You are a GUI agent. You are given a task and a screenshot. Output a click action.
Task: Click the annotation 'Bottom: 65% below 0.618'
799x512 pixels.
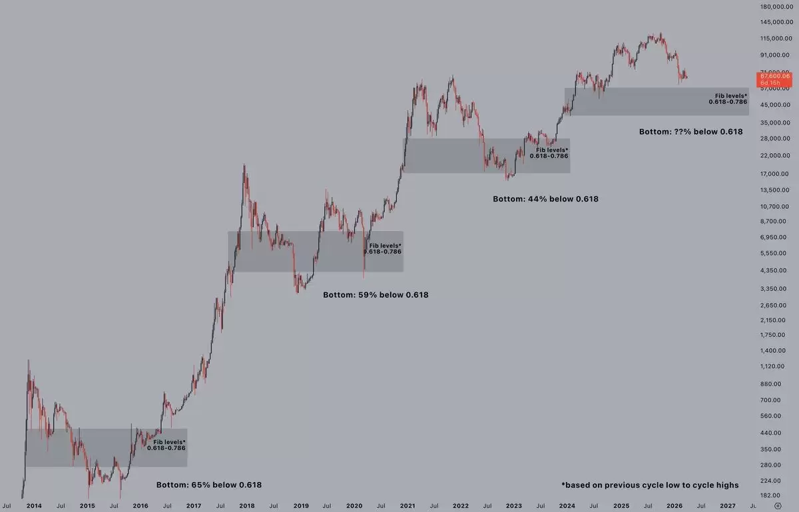[x=209, y=485]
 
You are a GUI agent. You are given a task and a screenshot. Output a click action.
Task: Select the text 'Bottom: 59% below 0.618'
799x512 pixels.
[x=376, y=294]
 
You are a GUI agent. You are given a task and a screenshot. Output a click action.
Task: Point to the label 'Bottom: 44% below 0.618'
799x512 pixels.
[x=545, y=198]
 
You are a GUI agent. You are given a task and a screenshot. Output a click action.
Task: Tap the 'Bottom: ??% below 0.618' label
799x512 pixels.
[x=690, y=132]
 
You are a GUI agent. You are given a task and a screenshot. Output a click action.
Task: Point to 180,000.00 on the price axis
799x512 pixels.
[x=776, y=7]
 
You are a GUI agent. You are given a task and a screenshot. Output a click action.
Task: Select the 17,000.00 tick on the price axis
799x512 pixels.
[x=776, y=173]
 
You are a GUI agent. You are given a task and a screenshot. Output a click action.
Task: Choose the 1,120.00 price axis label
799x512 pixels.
[x=776, y=366]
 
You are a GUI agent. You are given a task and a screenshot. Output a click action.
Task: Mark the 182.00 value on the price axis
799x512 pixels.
[x=776, y=495]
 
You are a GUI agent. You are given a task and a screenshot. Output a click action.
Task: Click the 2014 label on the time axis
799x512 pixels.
[x=34, y=505]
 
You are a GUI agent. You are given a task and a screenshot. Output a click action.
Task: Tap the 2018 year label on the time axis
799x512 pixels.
[x=247, y=505]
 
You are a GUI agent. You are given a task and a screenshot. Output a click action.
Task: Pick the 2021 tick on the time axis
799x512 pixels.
[x=407, y=505]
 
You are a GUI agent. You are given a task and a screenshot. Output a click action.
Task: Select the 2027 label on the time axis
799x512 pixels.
[x=728, y=505]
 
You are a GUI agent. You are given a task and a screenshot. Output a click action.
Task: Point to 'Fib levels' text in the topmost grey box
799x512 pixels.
[x=731, y=97]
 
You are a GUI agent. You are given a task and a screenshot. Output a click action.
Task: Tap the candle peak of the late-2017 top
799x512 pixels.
[x=244, y=165]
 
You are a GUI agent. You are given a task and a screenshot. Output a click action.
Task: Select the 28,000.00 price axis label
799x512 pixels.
[x=776, y=138]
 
